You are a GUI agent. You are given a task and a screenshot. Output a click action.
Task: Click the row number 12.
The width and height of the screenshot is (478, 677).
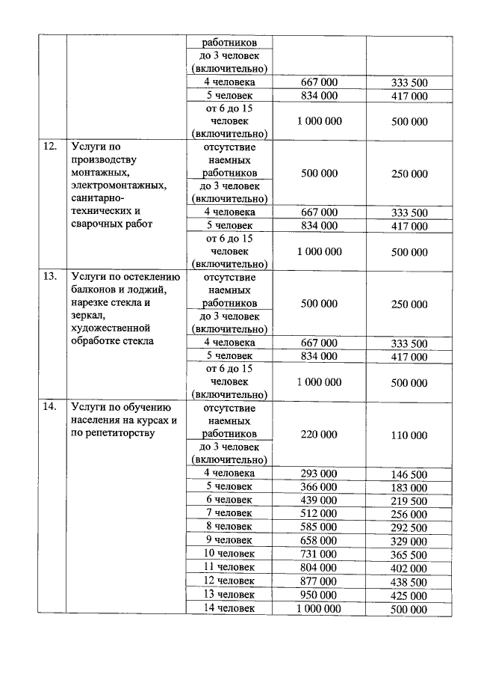tap(50, 147)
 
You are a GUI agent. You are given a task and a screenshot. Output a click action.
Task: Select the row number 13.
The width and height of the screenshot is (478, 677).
tap(50, 276)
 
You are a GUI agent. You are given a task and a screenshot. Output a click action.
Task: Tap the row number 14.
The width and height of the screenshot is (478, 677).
tap(50, 407)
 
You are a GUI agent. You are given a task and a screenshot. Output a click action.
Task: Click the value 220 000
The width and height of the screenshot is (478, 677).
tap(319, 435)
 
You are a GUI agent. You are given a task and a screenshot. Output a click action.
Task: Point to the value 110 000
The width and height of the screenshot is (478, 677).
tap(409, 435)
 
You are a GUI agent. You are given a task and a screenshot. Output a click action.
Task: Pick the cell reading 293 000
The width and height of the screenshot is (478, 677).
tap(319, 474)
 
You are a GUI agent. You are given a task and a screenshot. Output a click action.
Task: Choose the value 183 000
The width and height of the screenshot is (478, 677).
tap(409, 488)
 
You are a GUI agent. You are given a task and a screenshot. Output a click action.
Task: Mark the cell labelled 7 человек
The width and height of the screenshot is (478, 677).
tap(229, 514)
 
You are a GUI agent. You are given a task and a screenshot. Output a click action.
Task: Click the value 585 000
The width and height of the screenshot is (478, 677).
tap(319, 527)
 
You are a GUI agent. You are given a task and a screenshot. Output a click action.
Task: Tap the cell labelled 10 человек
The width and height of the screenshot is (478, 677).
tap(229, 554)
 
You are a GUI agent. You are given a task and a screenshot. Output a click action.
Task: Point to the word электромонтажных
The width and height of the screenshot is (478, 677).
tap(118, 186)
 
